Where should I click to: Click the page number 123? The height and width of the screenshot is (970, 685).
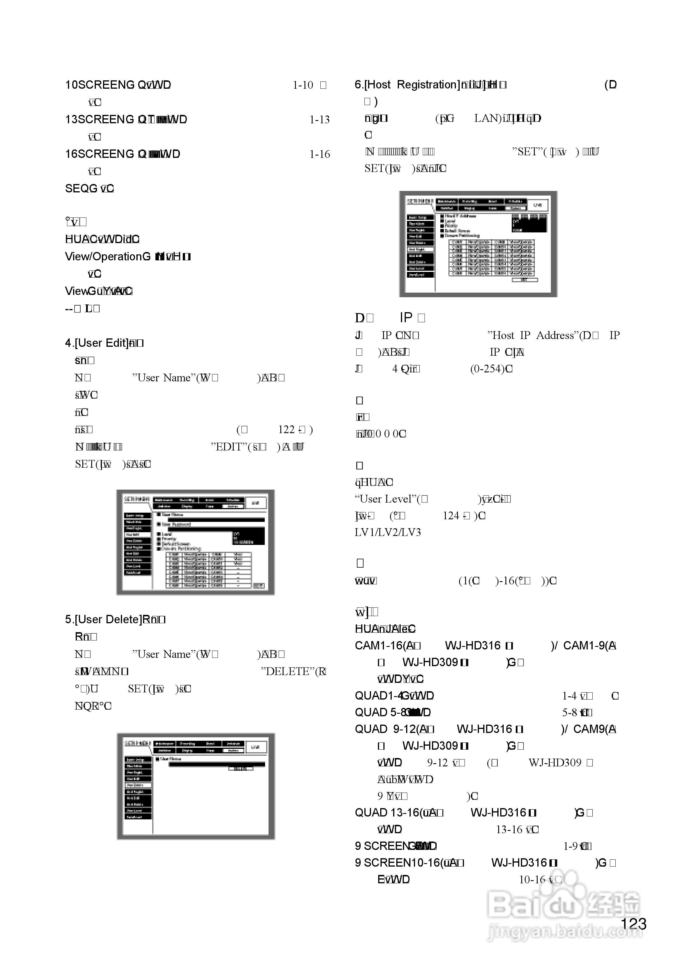point(633,924)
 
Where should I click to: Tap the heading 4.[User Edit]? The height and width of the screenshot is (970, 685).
point(96,343)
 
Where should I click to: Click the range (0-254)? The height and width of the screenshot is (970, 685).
point(489,369)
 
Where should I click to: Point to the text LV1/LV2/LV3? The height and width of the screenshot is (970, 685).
point(388,532)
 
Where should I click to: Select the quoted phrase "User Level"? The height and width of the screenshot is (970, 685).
point(385,499)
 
